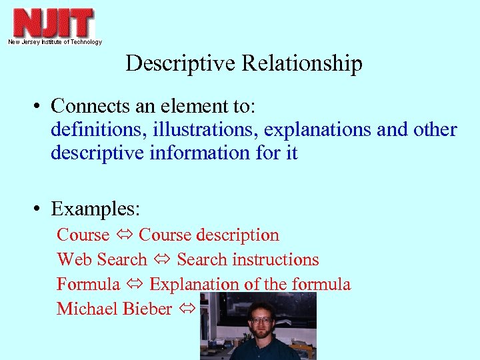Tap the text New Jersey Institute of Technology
point(55,42)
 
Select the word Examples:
point(95,209)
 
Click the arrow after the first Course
point(124,235)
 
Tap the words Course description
point(209,235)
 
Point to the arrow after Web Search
point(162,260)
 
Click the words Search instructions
point(248,260)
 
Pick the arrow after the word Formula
point(135,285)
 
